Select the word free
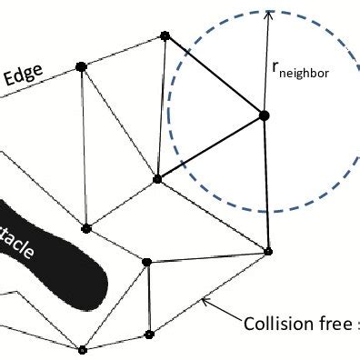pyautogui.click(x=337, y=324)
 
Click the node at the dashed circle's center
pyautogui.click(x=265, y=115)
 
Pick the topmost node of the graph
pyautogui.click(x=165, y=36)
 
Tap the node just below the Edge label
pyautogui.click(x=81, y=65)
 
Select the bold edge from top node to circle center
pyautogui.click(x=215, y=75)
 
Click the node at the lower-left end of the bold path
pyautogui.click(x=157, y=179)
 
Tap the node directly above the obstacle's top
pyautogui.click(x=86, y=228)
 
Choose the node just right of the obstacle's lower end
pyautogui.click(x=146, y=262)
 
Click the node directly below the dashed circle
pyautogui.click(x=268, y=250)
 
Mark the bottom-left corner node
pyautogui.click(x=82, y=349)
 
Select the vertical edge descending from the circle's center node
pyautogui.click(x=266, y=182)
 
